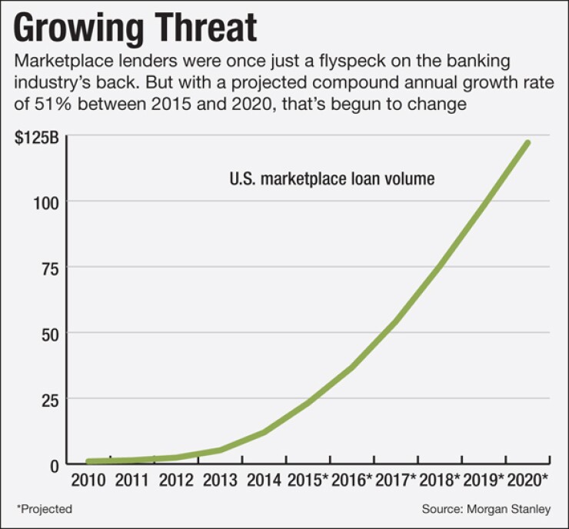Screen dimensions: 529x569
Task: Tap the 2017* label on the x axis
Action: [398, 481]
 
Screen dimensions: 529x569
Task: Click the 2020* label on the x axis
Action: [531, 481]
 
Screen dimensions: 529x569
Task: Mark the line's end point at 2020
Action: [527, 142]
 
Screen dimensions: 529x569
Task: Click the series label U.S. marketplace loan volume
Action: [332, 179]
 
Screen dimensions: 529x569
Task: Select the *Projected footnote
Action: [44, 509]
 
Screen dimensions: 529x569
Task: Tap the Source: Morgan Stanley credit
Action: [485, 509]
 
